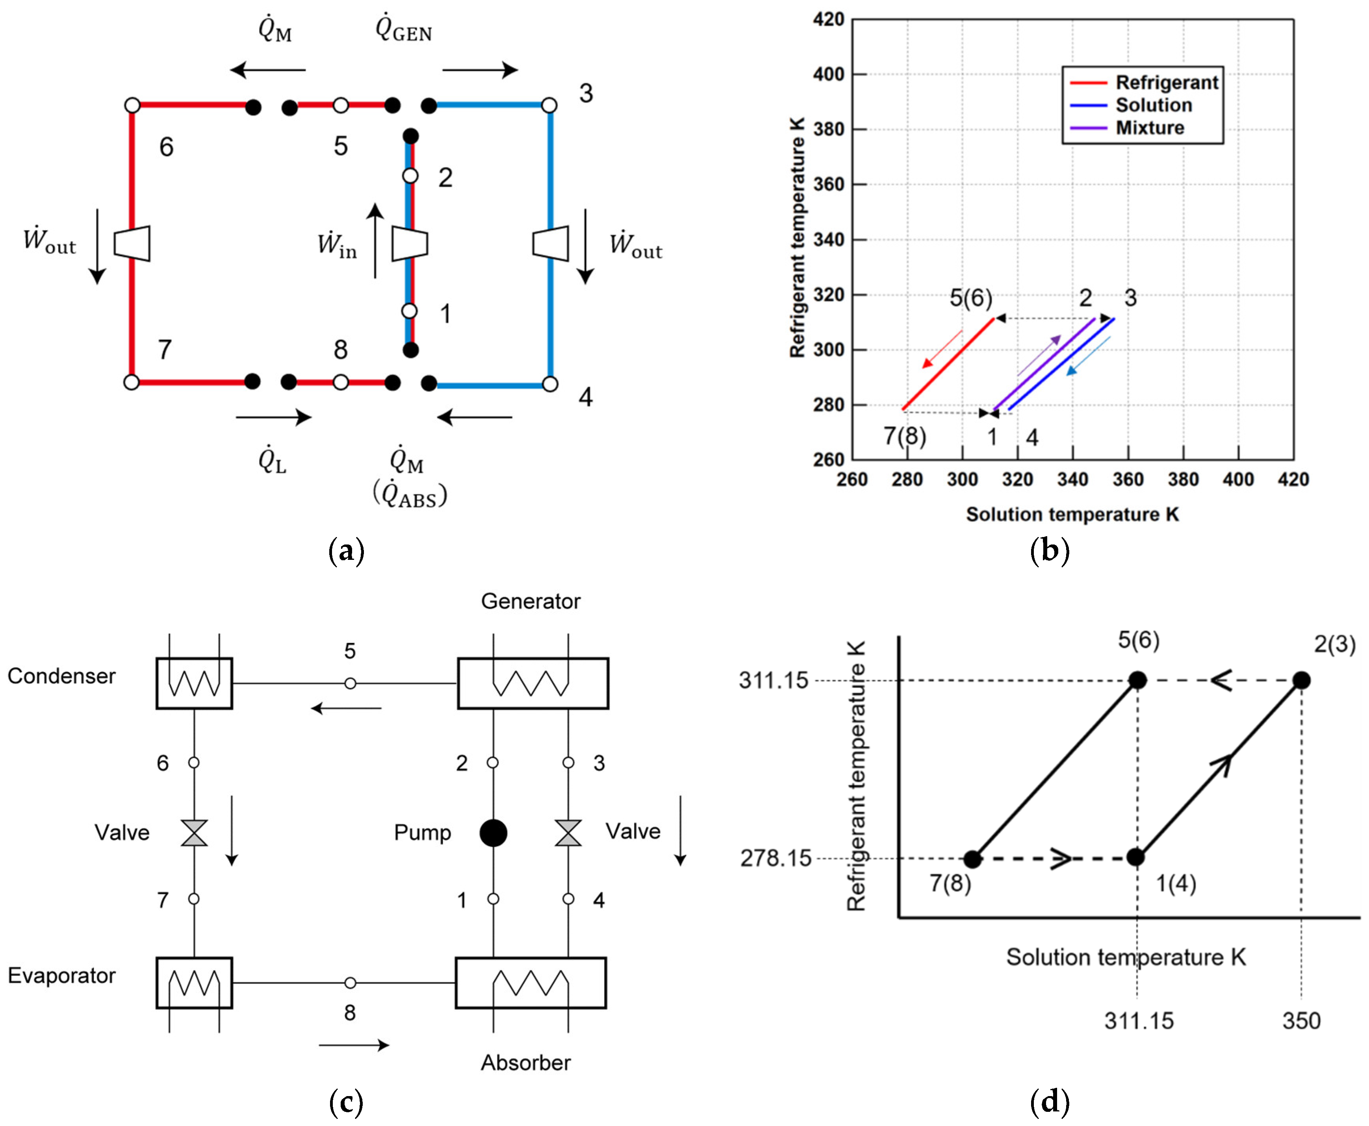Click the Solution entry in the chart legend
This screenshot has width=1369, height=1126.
[1153, 105]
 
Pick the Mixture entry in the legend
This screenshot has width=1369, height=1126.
[1149, 128]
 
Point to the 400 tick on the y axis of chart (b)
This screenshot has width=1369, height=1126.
[829, 74]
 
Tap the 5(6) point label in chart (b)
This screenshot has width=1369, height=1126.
[971, 298]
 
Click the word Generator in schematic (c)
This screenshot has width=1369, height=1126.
[530, 601]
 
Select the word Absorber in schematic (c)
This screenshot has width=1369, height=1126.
[525, 1063]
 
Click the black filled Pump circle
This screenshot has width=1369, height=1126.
[493, 832]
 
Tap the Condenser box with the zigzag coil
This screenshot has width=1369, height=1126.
[194, 683]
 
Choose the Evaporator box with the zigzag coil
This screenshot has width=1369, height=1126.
[194, 983]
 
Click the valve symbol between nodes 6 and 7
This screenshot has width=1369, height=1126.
[194, 832]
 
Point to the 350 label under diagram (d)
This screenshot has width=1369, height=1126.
[1301, 1021]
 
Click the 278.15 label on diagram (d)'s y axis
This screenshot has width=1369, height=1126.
[776, 858]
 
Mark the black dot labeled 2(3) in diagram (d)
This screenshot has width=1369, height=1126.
[1301, 680]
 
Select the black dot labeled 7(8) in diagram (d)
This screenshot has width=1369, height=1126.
[972, 859]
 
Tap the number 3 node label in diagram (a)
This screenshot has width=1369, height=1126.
[586, 93]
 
